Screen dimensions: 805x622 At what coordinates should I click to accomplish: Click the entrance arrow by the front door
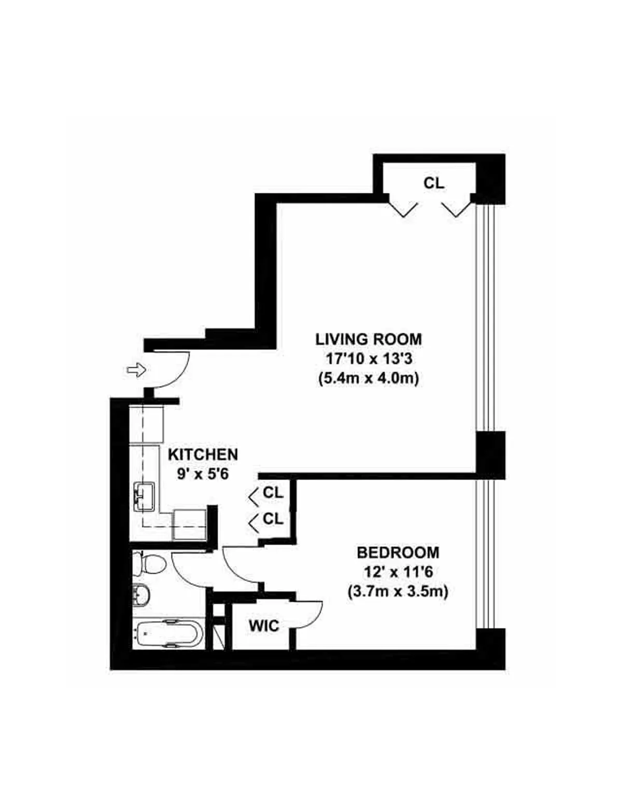[136, 370]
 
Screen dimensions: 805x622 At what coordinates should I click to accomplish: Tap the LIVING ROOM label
[369, 340]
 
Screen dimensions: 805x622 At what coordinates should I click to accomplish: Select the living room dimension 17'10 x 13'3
[369, 359]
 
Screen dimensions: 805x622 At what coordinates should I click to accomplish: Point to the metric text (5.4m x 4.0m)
[369, 378]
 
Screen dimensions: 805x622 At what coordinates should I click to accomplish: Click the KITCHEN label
[203, 455]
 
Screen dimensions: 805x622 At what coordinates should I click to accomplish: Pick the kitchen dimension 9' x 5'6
[203, 474]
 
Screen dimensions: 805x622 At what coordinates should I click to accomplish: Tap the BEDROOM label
[398, 553]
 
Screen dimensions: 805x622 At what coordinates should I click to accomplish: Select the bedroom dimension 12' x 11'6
[398, 572]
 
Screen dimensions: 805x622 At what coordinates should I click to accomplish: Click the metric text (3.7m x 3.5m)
[398, 591]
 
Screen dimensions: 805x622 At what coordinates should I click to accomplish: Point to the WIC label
[264, 626]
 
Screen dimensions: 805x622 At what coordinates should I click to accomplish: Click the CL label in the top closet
[434, 183]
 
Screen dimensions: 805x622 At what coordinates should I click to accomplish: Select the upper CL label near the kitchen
[273, 492]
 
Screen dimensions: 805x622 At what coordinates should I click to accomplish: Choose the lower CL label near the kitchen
[273, 518]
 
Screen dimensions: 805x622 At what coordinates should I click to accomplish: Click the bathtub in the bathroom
[167, 633]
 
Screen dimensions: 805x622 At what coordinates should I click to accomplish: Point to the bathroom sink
[142, 595]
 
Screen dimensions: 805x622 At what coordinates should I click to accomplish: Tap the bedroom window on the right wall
[486, 554]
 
